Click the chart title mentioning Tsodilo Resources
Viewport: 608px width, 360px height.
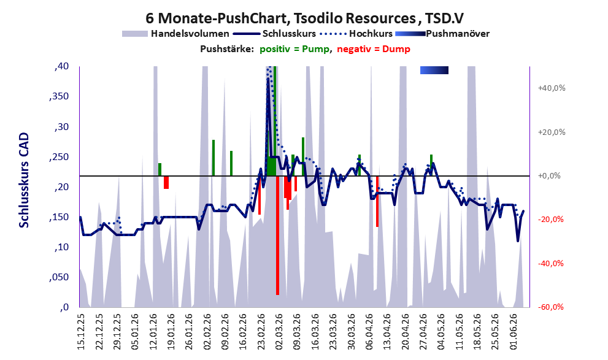click(x=305, y=18)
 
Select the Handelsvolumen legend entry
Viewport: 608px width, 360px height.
click(x=175, y=34)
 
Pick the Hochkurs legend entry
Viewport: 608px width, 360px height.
click(x=356, y=34)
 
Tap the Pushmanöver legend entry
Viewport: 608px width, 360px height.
click(x=442, y=34)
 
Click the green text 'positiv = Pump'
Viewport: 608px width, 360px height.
click(x=294, y=49)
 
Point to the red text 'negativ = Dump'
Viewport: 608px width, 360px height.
click(x=374, y=49)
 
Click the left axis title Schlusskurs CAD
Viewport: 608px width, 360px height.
click(x=24, y=180)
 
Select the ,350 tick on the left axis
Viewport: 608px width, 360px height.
click(x=59, y=96)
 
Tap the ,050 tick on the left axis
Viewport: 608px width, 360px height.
click(x=59, y=277)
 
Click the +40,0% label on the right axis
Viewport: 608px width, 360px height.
click(x=552, y=88)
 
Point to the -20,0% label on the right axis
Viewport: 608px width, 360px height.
click(x=550, y=220)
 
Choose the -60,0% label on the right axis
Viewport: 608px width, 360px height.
click(x=550, y=307)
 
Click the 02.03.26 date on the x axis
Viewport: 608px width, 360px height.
click(x=279, y=331)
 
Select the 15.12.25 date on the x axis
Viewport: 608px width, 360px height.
click(x=81, y=331)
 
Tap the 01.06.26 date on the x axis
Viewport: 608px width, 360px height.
click(x=514, y=331)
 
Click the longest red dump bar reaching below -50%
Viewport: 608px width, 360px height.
click(x=277, y=236)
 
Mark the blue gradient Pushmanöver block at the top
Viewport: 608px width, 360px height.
click(x=434, y=70)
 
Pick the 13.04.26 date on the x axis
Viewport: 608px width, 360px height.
click(x=387, y=331)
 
